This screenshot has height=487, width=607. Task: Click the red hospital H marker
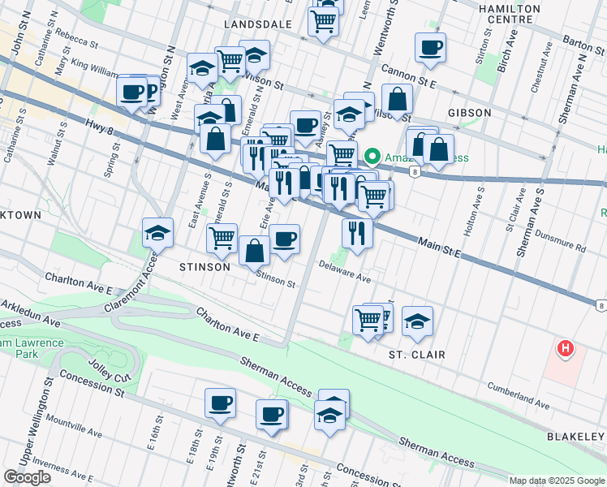pyautogui.click(x=566, y=350)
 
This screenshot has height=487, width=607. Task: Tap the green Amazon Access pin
pyautogui.click(x=373, y=156)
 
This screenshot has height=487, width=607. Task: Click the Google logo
pyautogui.click(x=27, y=477)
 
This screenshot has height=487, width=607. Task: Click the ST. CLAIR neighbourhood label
pyautogui.click(x=416, y=355)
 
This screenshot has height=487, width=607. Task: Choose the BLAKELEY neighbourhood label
pyautogui.click(x=575, y=437)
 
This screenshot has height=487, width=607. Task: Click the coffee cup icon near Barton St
pyautogui.click(x=430, y=47)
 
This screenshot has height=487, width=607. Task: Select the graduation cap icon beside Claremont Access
pyautogui.click(x=157, y=234)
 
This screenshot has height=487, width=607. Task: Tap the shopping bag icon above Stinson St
pyautogui.click(x=255, y=251)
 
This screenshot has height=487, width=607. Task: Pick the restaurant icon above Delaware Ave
pyautogui.click(x=357, y=233)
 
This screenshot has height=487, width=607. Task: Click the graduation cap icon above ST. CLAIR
pyautogui.click(x=417, y=321)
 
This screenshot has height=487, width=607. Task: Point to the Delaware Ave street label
pyautogui.click(x=344, y=271)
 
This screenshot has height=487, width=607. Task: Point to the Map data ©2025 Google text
pyautogui.click(x=557, y=481)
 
